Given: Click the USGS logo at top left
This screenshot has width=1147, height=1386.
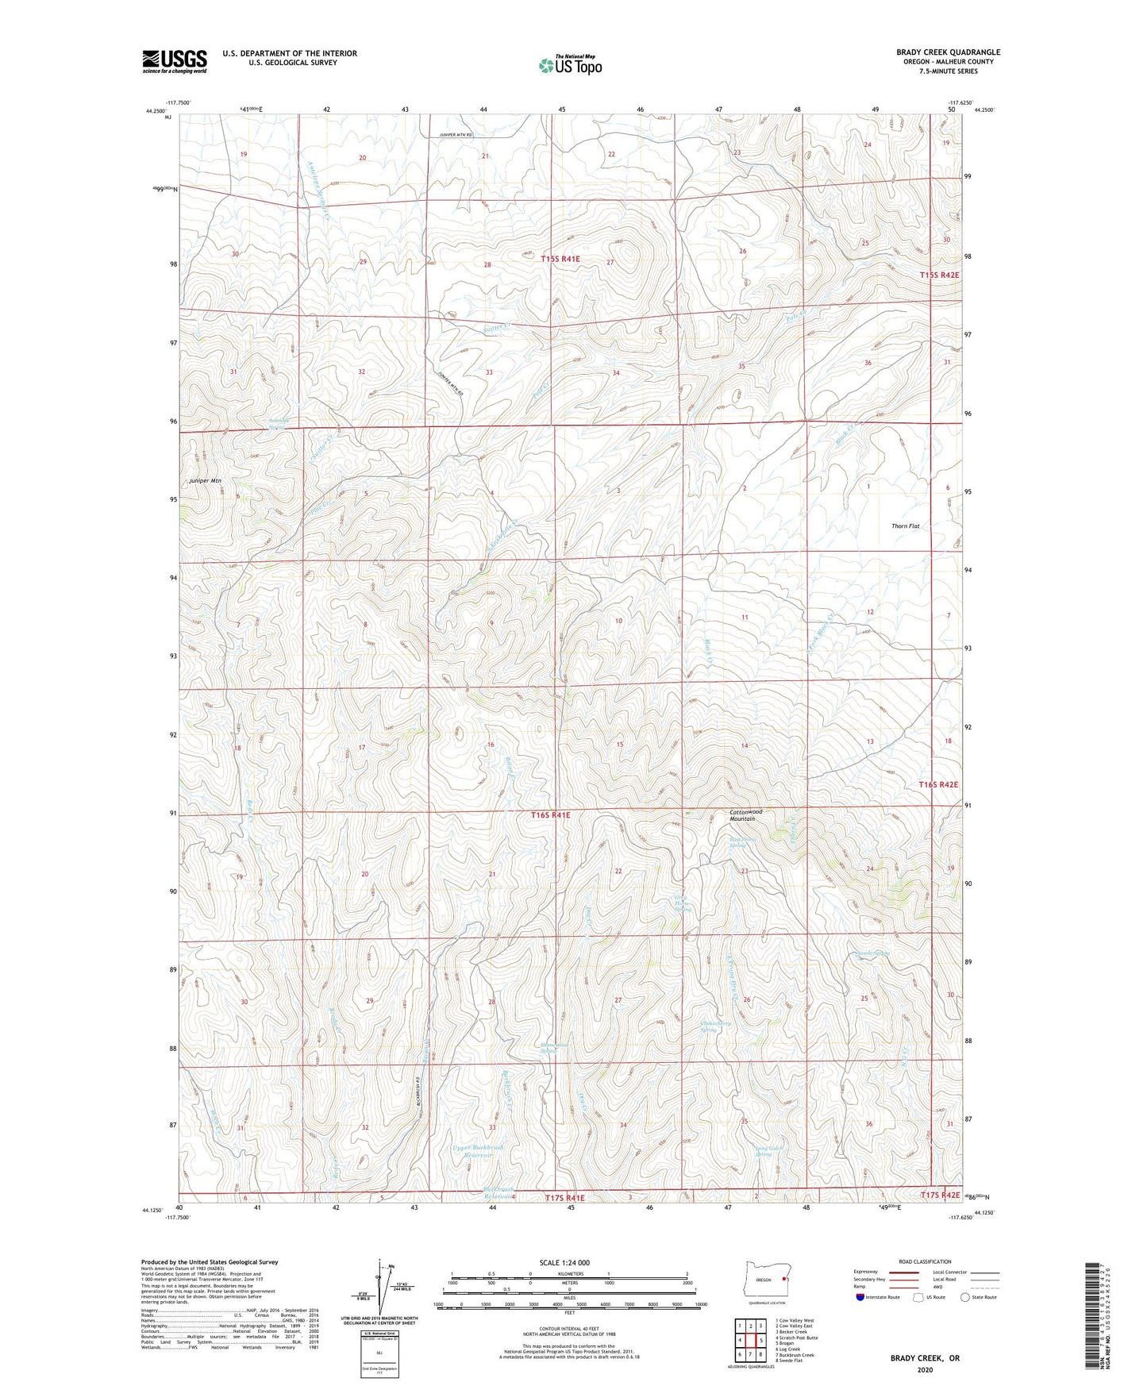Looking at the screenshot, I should [x=175, y=61].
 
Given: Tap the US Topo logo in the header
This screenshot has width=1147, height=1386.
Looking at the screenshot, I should [x=570, y=65].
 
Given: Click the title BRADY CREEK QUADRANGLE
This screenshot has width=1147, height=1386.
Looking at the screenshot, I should [x=949, y=52].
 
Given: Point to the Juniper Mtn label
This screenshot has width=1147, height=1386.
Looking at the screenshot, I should [x=205, y=481].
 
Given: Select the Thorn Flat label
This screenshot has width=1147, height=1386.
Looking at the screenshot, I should [x=906, y=526].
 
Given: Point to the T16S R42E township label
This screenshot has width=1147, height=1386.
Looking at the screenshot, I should [x=939, y=784].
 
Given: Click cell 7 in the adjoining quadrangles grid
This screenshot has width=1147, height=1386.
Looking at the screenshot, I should [x=740, y=1355].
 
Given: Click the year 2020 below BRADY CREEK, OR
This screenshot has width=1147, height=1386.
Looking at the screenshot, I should [x=925, y=1369].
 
